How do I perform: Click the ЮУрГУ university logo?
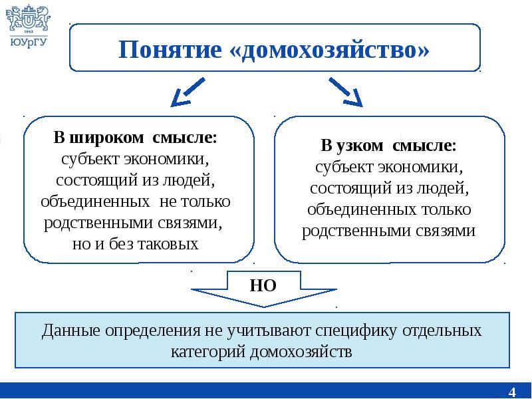point(27,25)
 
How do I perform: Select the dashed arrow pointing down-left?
point(187,92)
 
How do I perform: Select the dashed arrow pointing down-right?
point(345,92)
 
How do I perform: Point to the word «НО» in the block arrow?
point(263,286)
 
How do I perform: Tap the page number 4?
point(512,390)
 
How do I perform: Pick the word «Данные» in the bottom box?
point(68,331)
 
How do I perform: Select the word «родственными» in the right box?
point(357,231)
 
